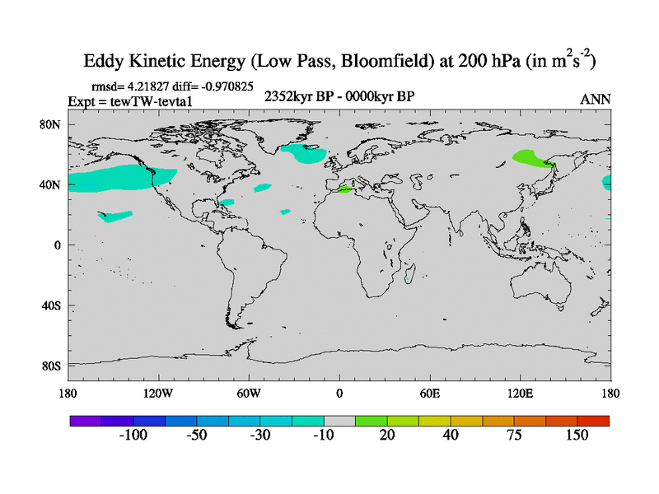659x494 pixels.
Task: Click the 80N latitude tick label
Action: click(53, 124)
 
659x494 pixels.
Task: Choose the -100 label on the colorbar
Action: click(133, 435)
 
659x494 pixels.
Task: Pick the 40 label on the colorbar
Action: click(450, 435)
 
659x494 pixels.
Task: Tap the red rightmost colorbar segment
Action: click(593, 420)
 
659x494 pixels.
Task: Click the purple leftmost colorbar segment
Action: click(86, 420)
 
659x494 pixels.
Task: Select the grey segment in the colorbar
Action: click(339, 420)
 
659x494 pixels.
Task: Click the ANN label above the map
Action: click(595, 99)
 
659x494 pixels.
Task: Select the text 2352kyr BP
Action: click(293, 97)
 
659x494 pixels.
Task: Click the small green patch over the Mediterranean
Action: click(346, 190)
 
